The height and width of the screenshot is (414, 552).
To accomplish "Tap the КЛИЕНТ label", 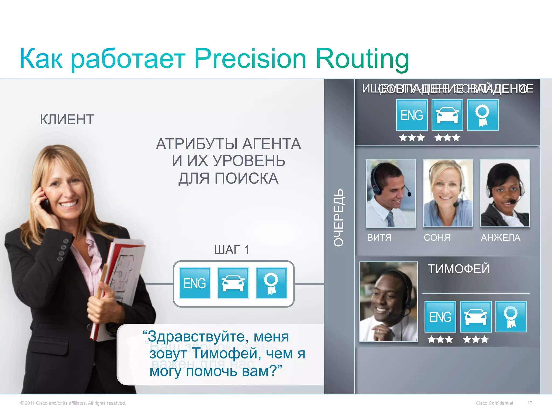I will point(67,119).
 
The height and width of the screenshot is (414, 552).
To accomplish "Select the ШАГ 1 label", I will point(232,250).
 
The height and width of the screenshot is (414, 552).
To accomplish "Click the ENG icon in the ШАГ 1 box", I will point(195,283).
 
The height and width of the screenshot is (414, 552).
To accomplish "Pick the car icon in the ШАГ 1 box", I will point(233,283).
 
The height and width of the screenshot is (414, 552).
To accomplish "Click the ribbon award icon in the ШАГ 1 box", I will point(271,283).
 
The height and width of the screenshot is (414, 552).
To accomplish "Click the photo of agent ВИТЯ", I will point(391,193).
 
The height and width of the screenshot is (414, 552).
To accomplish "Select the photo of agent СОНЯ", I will point(448,193).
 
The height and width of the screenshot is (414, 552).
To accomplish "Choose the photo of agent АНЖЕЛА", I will point(505,193).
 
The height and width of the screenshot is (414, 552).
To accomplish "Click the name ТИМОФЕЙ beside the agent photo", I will point(459,269).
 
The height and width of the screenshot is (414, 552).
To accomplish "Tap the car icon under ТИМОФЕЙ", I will point(476,317).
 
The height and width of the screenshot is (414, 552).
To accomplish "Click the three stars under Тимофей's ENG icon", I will point(440,339).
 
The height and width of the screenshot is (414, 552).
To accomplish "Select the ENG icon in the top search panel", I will point(412,115).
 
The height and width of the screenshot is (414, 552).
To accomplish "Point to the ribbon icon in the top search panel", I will point(482,115).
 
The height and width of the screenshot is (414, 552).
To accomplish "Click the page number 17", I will point(530,403).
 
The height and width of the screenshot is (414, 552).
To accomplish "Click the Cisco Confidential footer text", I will point(494,403).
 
